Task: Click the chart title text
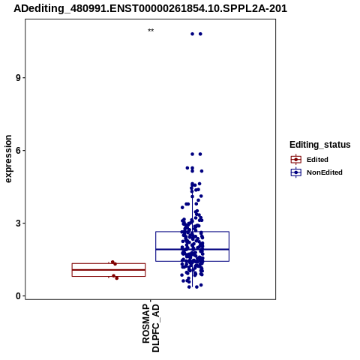pos(150,8)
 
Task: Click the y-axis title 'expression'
pos(8,159)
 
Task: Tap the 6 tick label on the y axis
pos(18,151)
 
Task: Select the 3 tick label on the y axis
pos(18,223)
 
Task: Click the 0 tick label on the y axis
pos(18,296)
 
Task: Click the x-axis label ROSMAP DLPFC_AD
pos(151,328)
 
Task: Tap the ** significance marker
pos(151,30)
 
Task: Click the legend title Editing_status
pos(320,145)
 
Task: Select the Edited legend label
pos(317,160)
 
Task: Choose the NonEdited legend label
pos(325,172)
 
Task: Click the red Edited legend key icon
pos(296,160)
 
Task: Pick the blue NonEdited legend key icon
pos(296,172)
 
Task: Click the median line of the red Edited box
pos(109,270)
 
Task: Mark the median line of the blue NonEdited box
pos(192,249)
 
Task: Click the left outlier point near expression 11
pos(192,34)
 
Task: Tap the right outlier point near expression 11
pos(200,34)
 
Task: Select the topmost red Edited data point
pos(112,262)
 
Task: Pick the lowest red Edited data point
pos(116,278)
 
